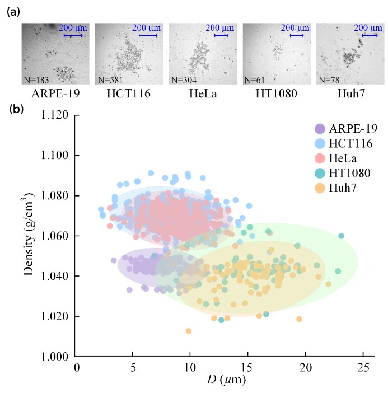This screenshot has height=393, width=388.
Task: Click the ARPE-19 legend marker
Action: point(320,128)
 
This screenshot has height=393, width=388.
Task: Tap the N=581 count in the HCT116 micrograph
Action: point(110,79)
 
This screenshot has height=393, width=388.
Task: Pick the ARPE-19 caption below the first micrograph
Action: point(50,92)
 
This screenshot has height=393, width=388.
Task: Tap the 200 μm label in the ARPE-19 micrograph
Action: point(72,28)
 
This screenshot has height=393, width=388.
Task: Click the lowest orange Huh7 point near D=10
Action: point(189,331)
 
